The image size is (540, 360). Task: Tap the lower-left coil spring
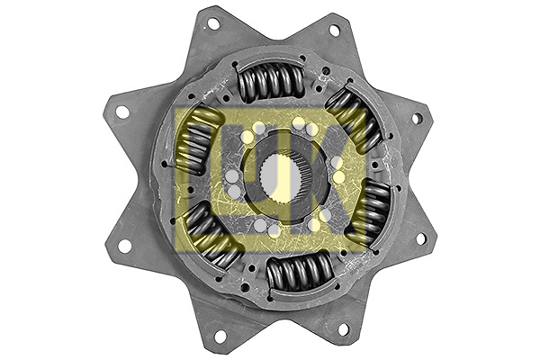pyautogui.click(x=212, y=236)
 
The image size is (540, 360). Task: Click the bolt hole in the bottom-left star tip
pyautogui.click(x=219, y=336)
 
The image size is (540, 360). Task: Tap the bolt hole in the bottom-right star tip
pyautogui.click(x=342, y=329)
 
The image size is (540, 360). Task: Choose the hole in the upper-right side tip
pyautogui.click(x=417, y=118)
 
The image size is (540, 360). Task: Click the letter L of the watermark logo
pyautogui.click(x=200, y=175)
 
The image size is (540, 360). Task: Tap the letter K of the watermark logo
pyautogui.click(x=345, y=175)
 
